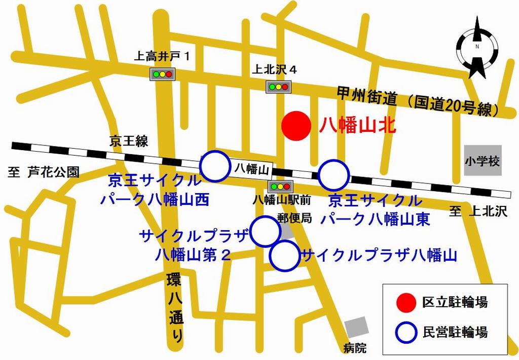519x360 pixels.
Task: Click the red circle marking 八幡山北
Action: point(295,126)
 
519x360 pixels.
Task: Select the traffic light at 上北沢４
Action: point(278,86)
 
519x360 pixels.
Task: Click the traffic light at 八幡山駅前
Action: point(278,186)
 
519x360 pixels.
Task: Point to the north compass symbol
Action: point(477,48)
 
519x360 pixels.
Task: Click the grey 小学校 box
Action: point(483,162)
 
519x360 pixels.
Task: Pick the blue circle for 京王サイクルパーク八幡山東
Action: point(334,175)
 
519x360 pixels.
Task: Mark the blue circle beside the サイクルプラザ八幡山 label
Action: point(285,256)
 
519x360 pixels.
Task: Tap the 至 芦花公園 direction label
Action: point(44,172)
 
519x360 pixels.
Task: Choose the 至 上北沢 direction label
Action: point(478,212)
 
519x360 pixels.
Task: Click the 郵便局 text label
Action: point(294,219)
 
